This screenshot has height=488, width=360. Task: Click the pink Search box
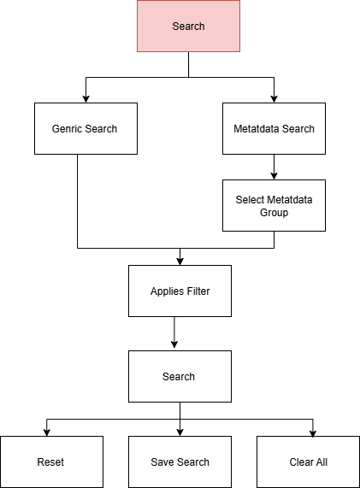pyautogui.click(x=188, y=26)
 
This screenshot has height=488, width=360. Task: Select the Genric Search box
pyautogui.click(x=86, y=128)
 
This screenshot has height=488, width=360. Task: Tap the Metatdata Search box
pyautogui.click(x=274, y=128)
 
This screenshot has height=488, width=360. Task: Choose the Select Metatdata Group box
pyautogui.click(x=274, y=205)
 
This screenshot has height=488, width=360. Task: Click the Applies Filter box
pyautogui.click(x=180, y=291)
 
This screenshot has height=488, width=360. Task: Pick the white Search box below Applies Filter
pyautogui.click(x=180, y=376)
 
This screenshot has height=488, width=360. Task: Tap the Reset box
pyautogui.click(x=51, y=462)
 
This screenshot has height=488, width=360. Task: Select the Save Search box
pyautogui.click(x=180, y=462)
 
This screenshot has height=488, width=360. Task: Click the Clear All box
pyautogui.click(x=309, y=462)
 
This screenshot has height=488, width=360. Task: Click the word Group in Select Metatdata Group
pyautogui.click(x=274, y=213)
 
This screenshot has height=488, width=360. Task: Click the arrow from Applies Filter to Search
pyautogui.click(x=174, y=332)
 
